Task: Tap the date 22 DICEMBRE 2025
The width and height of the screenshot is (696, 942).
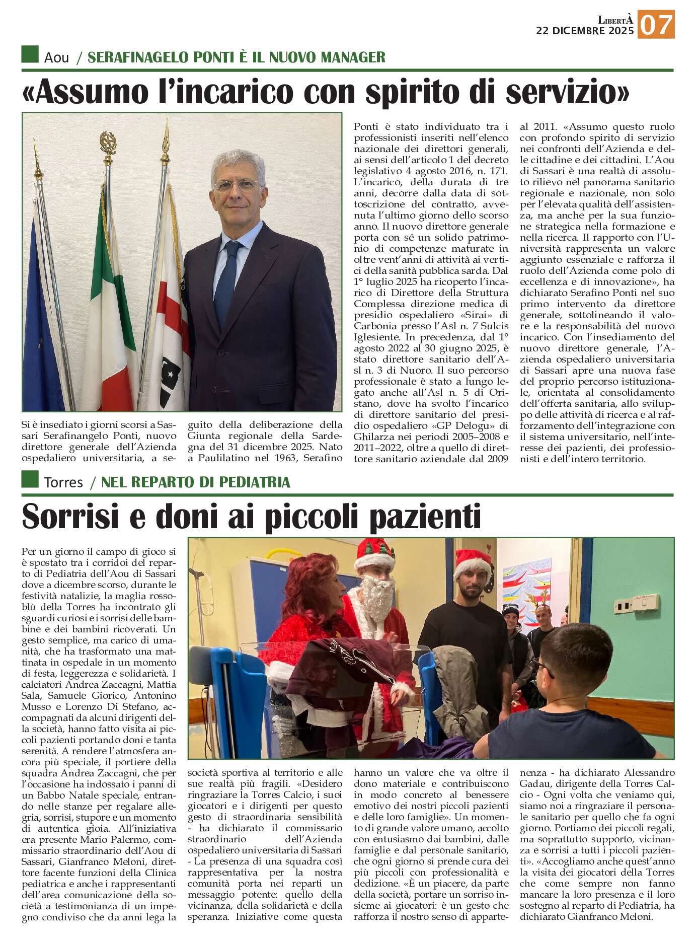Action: coord(585,31)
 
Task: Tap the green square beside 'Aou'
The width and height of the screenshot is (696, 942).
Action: coord(30,54)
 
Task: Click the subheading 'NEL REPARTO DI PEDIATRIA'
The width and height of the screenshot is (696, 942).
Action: coord(196,482)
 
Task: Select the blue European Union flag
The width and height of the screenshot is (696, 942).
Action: coord(43,312)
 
